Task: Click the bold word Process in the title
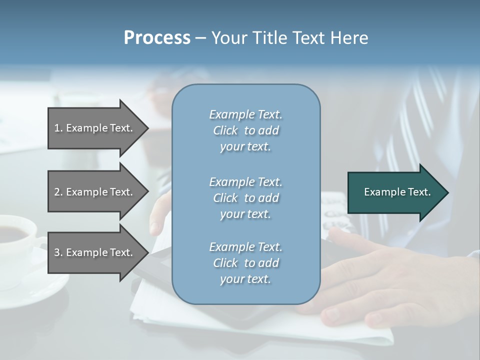click(157, 38)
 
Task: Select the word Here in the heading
click(347, 38)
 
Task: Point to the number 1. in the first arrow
click(58, 128)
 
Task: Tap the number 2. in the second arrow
click(58, 192)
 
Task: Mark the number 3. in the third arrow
click(58, 252)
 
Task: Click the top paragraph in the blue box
click(245, 130)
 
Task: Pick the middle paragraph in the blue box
click(245, 197)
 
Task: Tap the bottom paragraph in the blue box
click(245, 263)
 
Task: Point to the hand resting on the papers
click(380, 280)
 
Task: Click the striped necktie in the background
click(420, 125)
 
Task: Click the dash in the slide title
click(200, 38)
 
